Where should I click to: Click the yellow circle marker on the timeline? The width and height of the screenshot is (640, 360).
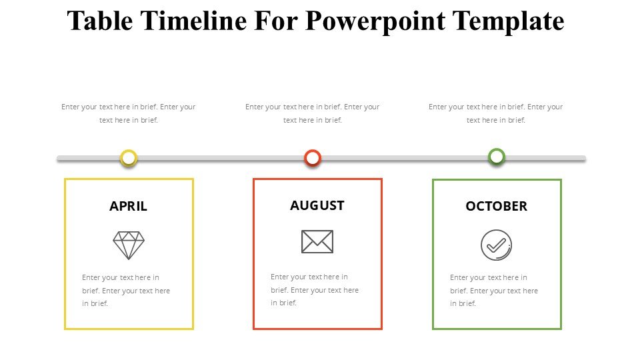[129, 158]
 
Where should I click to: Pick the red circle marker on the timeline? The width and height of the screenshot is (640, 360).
[313, 158]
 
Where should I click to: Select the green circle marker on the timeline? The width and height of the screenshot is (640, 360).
[497, 157]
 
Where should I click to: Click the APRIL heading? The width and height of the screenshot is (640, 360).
[128, 207]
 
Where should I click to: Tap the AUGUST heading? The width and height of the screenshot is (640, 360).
[317, 206]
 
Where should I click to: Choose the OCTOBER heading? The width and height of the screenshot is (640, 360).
[496, 207]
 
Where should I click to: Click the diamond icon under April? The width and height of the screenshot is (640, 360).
[129, 245]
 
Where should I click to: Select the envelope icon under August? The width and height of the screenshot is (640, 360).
[317, 241]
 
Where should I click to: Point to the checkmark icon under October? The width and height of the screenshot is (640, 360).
[497, 245]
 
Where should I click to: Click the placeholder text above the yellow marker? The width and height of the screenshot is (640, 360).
[129, 113]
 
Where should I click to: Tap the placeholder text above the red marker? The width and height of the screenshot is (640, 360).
[313, 113]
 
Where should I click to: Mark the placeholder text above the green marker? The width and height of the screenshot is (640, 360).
[496, 113]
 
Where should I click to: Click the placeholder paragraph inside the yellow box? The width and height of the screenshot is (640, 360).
[126, 291]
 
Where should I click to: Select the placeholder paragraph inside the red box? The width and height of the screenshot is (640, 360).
[315, 290]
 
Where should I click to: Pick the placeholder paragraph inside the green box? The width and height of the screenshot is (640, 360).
[494, 291]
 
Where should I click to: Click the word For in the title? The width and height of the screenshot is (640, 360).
[277, 21]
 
